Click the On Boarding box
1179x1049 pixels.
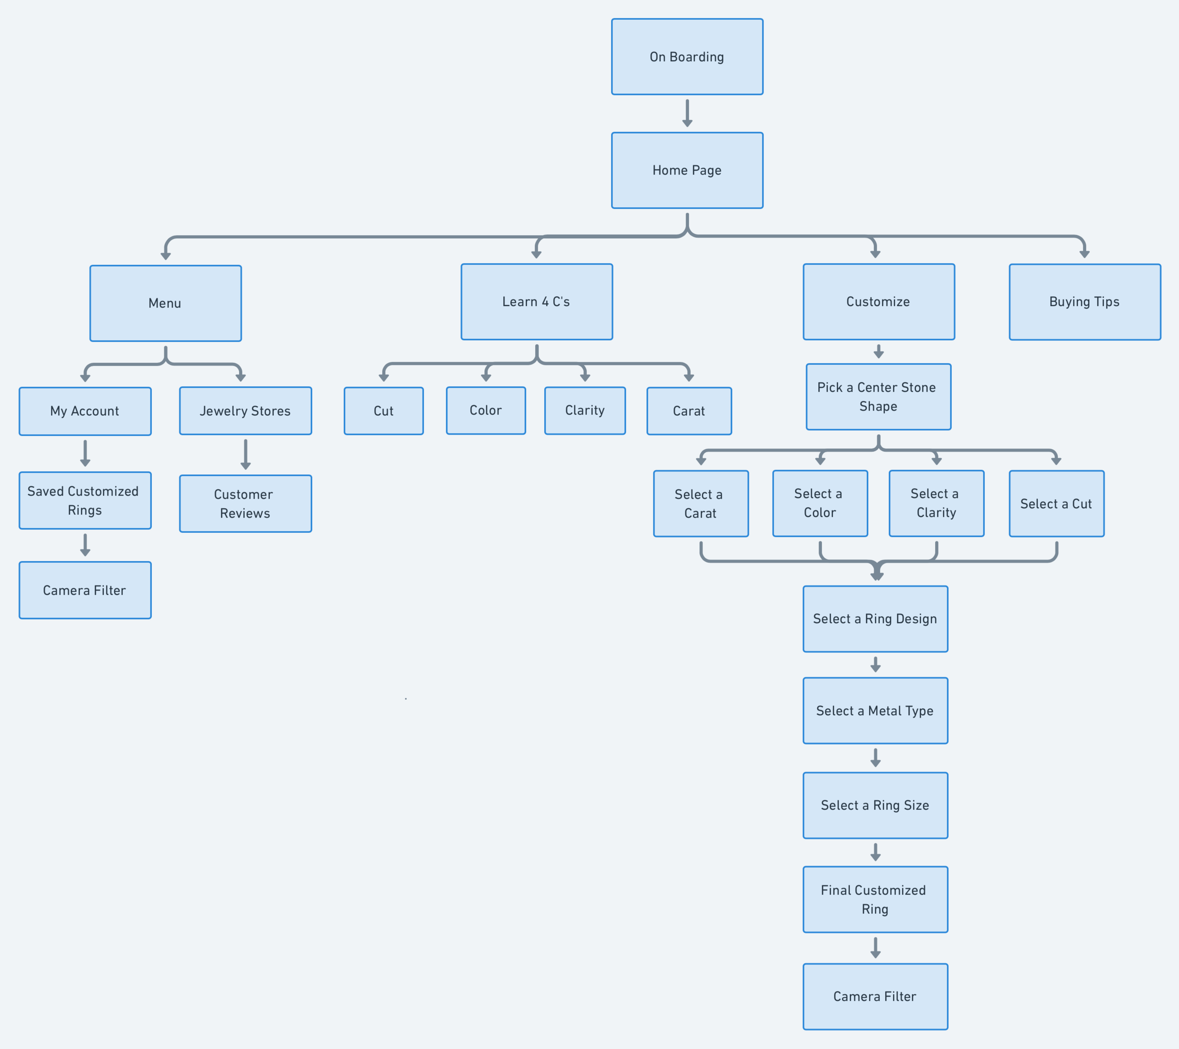coord(687,57)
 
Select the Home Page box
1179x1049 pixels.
coord(687,170)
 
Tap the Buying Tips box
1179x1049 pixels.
coord(1084,302)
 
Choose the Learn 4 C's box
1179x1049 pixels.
coord(536,302)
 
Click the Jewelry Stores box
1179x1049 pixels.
coord(245,411)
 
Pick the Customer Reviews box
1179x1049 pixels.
coord(245,504)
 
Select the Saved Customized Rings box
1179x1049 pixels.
coord(85,500)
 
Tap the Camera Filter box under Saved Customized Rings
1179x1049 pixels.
coord(85,590)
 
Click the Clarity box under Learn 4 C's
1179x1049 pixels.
coord(585,410)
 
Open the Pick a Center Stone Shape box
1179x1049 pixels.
coord(878,396)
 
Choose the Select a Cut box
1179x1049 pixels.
coord(1056,504)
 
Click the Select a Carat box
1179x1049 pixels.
coord(700,504)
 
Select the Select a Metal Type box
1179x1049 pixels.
coord(875,711)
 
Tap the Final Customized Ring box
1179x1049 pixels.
coord(875,899)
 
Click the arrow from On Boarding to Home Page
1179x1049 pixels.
coord(687,113)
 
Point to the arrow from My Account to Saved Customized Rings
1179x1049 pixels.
coord(85,453)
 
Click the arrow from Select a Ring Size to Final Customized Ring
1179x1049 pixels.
coord(875,852)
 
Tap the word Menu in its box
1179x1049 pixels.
coord(165,303)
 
